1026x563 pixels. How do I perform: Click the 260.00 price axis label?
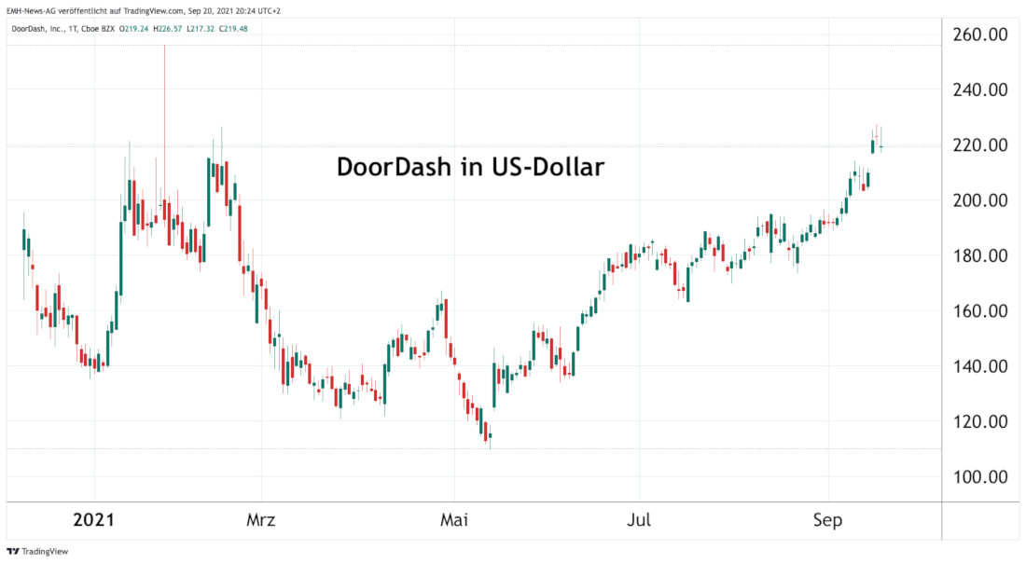point(979,35)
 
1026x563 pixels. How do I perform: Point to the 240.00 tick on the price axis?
point(979,90)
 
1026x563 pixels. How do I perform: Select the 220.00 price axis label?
point(979,145)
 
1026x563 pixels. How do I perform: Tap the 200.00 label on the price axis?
point(979,200)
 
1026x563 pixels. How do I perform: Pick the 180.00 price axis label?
point(979,255)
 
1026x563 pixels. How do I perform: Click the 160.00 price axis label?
point(979,311)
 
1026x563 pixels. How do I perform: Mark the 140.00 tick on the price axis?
point(979,366)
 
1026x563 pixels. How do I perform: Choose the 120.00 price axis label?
point(979,421)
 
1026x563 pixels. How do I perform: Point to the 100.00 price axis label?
point(979,477)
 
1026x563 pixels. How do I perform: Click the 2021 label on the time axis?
point(93,520)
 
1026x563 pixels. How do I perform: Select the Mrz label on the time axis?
point(262,520)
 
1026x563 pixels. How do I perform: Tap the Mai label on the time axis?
point(454,520)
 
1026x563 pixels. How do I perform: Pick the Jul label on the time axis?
point(639,520)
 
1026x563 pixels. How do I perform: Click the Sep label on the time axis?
point(828,520)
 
